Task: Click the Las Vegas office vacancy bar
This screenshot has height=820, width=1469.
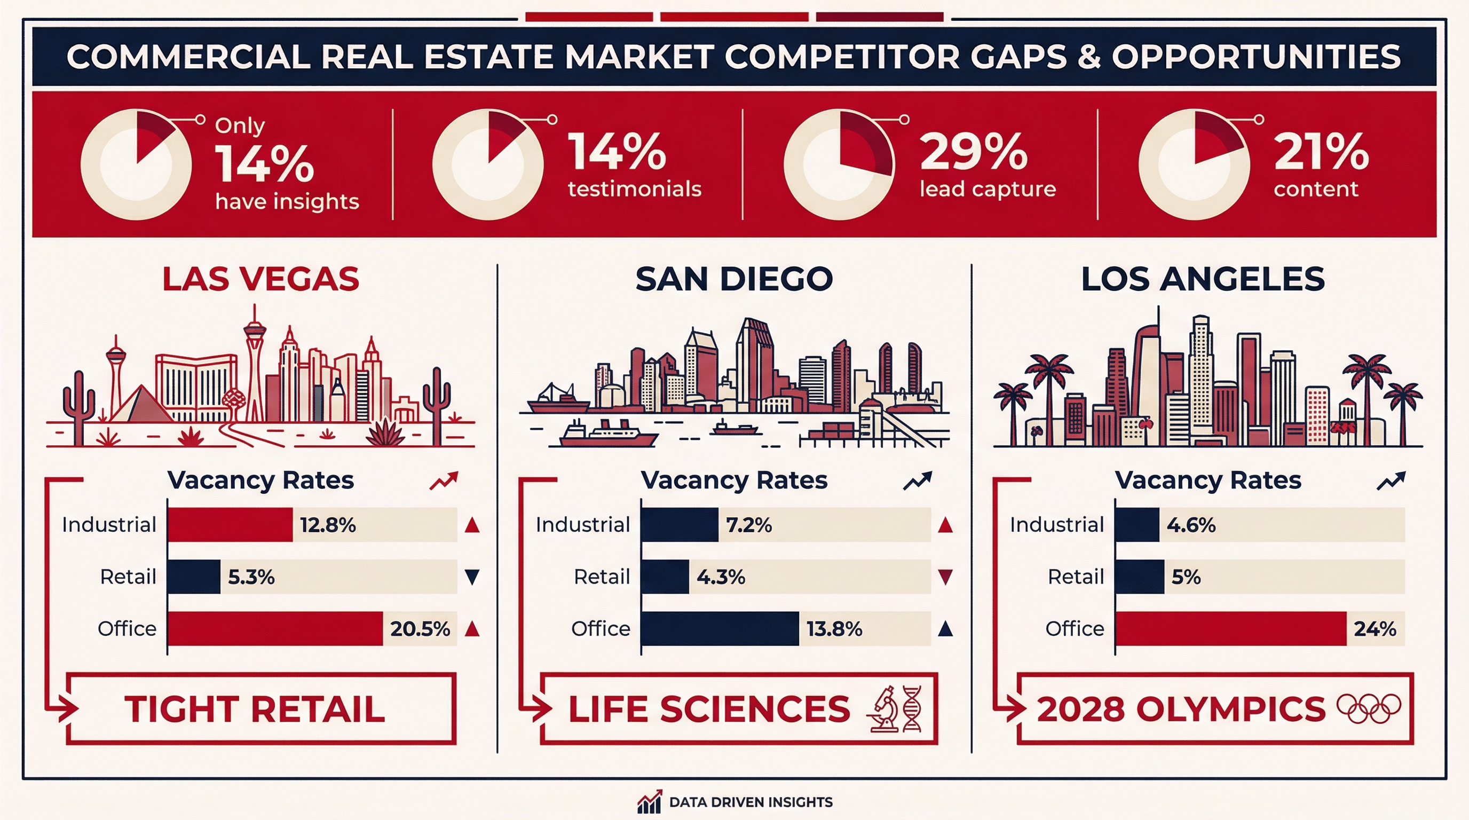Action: point(275,628)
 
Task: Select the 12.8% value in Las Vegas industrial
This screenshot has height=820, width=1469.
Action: point(328,525)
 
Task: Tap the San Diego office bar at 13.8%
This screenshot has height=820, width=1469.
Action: point(720,628)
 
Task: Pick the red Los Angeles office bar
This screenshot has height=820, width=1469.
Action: point(1230,628)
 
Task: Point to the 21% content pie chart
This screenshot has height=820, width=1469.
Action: point(1194,164)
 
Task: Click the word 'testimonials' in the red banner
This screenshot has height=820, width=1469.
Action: point(634,189)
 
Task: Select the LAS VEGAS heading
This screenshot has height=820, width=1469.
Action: point(260,279)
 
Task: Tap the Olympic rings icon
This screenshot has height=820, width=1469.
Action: point(1369,708)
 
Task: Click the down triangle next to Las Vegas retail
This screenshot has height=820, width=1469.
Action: point(472,577)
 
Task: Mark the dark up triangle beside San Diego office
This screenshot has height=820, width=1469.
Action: point(945,628)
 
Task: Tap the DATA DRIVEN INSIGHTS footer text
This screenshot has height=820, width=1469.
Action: point(751,802)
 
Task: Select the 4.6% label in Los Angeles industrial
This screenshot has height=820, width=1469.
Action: point(1191,525)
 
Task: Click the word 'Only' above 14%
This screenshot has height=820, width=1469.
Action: point(240,125)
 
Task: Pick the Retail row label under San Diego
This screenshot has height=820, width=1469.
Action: point(602,577)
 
